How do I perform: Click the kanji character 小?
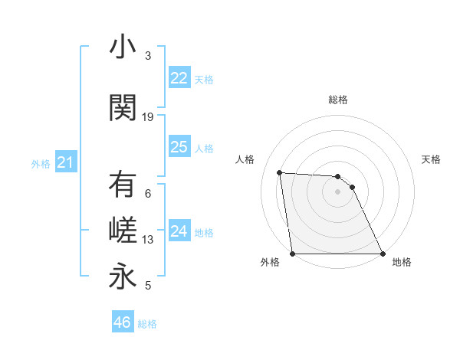[x=123, y=47]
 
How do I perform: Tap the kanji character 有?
[x=123, y=186]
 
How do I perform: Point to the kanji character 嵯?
[x=123, y=231]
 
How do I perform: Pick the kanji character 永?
[x=123, y=277]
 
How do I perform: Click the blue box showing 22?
[x=179, y=78]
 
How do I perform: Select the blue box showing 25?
[x=179, y=147]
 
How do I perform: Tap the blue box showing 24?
[x=179, y=231]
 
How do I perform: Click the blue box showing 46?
[x=122, y=322]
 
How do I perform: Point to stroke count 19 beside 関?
[x=148, y=117]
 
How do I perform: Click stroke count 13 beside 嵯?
[x=148, y=240]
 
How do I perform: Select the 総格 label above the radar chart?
[x=337, y=100]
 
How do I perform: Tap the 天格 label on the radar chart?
[x=432, y=159]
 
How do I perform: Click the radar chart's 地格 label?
[x=402, y=262]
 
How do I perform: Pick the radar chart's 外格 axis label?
[x=270, y=262]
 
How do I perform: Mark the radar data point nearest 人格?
[x=280, y=172]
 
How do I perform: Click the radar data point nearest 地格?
[x=383, y=254]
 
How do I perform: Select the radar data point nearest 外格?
[x=292, y=254]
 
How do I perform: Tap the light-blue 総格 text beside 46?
[x=147, y=324]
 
